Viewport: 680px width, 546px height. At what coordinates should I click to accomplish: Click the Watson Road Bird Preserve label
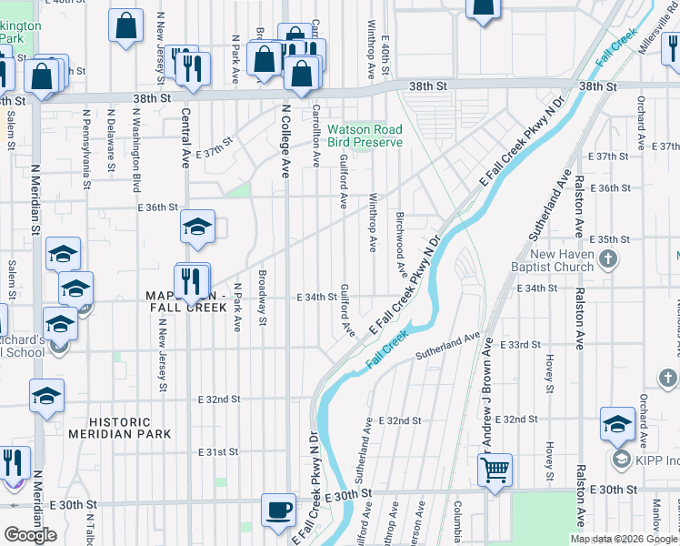pyautogui.click(x=365, y=136)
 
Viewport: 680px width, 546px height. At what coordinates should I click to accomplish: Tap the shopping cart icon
pyautogui.click(x=495, y=470)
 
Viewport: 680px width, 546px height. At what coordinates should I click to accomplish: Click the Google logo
pyautogui.click(x=30, y=534)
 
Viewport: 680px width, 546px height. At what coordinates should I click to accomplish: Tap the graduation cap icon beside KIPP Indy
pyautogui.click(x=617, y=424)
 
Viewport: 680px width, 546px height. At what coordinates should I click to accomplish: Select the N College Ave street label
pyautogui.click(x=285, y=140)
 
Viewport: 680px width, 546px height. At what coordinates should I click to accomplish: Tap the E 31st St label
pyautogui.click(x=218, y=451)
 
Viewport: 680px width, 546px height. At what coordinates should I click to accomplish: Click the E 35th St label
pyautogui.click(x=610, y=239)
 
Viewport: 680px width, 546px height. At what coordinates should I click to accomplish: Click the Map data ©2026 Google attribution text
pyautogui.click(x=624, y=539)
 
